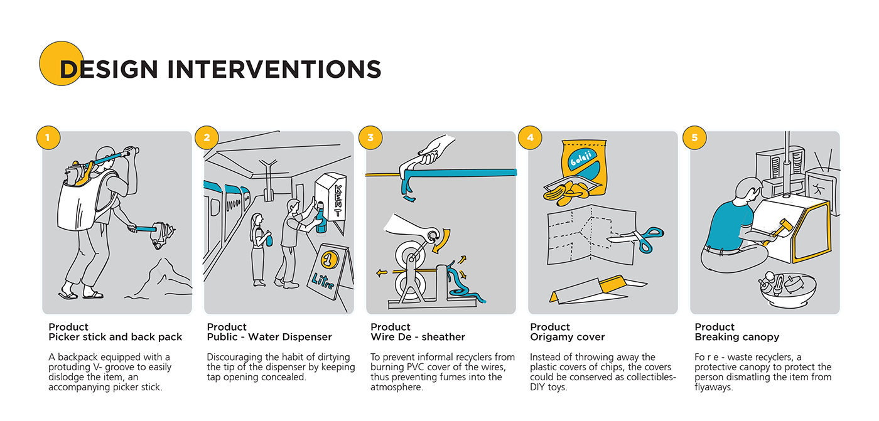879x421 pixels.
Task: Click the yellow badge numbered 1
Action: (48, 137)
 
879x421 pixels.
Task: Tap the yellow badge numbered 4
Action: (530, 137)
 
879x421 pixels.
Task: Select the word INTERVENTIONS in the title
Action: (274, 70)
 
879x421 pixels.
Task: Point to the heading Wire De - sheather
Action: (418, 337)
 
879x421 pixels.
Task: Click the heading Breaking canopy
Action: (736, 337)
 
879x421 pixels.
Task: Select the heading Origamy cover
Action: (567, 337)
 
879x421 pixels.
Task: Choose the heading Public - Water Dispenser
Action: (269, 337)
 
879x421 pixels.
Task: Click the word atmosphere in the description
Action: (396, 387)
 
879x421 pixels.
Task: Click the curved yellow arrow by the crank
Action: (443, 241)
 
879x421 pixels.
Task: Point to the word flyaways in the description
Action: (713, 387)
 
